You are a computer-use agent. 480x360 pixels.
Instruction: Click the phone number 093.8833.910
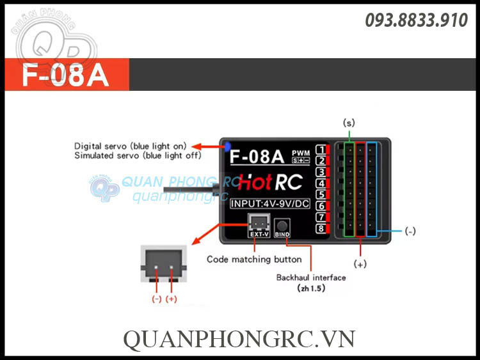(417, 20)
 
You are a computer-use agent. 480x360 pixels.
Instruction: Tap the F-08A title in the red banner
(65, 75)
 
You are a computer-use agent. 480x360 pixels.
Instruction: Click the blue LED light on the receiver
(227, 146)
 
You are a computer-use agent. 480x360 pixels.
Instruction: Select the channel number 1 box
(320, 150)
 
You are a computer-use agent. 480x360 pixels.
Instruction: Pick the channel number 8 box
(320, 228)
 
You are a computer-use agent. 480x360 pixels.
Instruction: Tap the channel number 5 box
(320, 194)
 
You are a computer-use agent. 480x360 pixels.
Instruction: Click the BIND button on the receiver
(282, 226)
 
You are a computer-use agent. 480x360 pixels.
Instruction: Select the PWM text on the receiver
(300, 152)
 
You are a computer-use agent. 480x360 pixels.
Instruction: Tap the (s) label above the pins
(349, 122)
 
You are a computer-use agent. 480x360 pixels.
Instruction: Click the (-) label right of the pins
(410, 231)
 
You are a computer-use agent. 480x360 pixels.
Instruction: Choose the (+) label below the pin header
(360, 263)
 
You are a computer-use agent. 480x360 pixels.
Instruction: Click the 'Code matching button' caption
(254, 260)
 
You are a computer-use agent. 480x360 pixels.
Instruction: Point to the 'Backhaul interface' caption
(311, 278)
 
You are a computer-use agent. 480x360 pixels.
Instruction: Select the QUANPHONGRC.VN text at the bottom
(239, 338)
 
